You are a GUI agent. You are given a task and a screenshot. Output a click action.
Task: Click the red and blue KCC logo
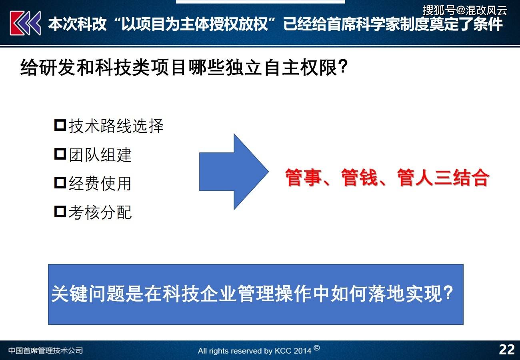click(x=25, y=23)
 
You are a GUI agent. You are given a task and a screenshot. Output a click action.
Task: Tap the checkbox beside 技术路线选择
click(x=60, y=125)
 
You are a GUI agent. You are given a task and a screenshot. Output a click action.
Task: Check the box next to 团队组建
click(x=60, y=154)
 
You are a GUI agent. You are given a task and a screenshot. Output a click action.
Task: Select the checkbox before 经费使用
click(x=60, y=183)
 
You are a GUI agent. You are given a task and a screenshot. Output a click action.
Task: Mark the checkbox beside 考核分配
click(x=60, y=212)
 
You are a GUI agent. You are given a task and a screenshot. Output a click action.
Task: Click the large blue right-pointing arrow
click(x=234, y=172)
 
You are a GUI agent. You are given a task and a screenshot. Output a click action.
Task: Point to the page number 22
click(x=507, y=350)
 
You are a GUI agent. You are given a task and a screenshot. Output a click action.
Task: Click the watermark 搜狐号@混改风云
click(x=465, y=10)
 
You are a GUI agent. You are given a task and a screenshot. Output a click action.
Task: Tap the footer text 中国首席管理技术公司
click(x=46, y=350)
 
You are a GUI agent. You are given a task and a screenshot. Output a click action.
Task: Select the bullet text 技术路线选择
click(x=116, y=126)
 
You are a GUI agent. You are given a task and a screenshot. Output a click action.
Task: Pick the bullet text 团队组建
click(x=100, y=155)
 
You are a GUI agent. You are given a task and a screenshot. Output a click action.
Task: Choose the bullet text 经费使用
click(x=100, y=184)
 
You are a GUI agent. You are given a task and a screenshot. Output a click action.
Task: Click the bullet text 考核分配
click(x=100, y=212)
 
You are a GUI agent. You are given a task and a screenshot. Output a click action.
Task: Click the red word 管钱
click(x=360, y=177)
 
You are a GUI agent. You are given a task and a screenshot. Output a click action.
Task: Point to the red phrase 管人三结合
click(x=443, y=177)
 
